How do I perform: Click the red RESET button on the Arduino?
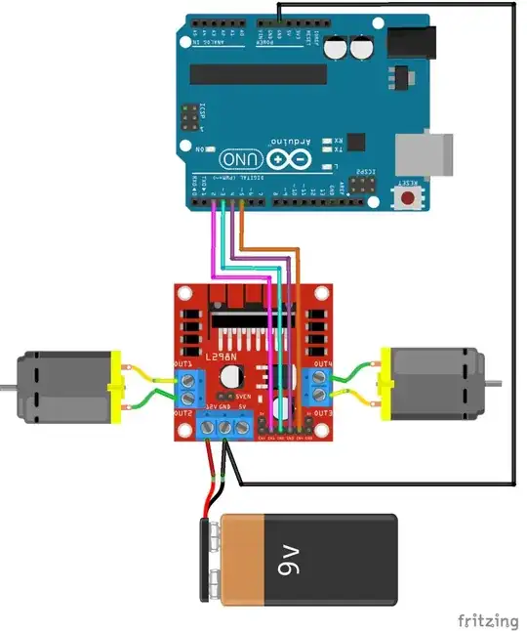(x=409, y=198)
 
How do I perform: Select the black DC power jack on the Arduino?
(x=411, y=41)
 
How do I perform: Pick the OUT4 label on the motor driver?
(x=323, y=363)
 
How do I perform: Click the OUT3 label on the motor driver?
(x=323, y=413)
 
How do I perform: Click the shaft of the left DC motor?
(x=6, y=388)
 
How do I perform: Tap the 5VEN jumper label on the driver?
(x=244, y=397)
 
